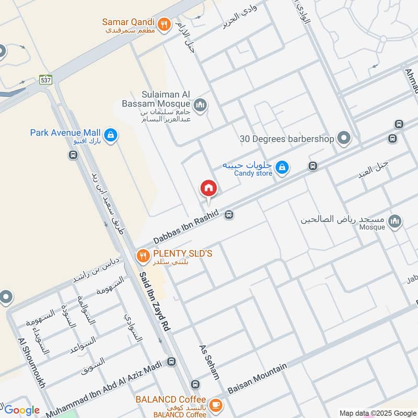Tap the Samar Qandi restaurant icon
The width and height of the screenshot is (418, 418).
tap(165, 24)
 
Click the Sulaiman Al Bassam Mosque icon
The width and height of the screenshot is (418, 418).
tap(200, 107)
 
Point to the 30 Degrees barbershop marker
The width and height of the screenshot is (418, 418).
tap(344, 138)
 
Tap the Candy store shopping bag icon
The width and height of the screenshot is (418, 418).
tap(282, 167)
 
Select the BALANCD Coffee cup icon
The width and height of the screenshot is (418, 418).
tap(215, 405)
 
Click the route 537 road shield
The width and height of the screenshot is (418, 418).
tap(46, 80)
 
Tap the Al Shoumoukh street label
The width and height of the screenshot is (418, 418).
tap(32, 363)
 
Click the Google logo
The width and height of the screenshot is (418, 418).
tap(22, 410)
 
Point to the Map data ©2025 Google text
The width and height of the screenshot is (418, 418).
tap(377, 413)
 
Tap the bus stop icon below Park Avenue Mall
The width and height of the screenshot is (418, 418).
tap(73, 155)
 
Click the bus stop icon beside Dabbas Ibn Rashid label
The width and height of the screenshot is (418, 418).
tap(229, 214)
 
